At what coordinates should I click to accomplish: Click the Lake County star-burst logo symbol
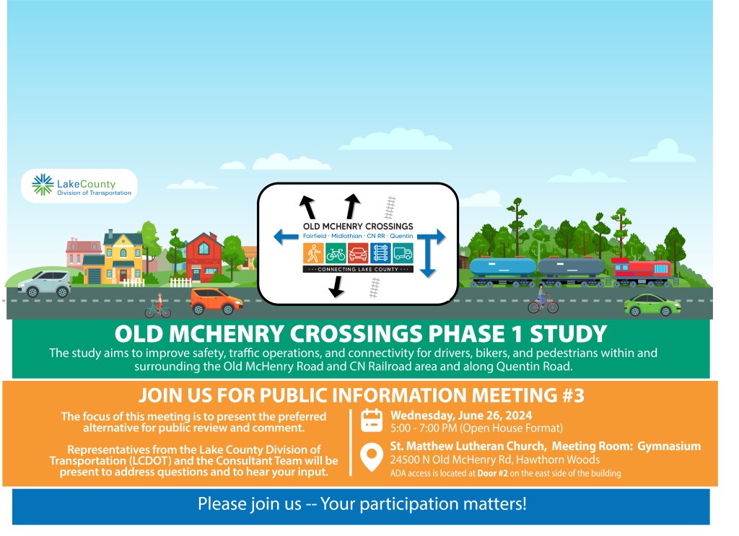tap(43, 185)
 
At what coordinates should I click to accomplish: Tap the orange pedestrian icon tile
tap(313, 253)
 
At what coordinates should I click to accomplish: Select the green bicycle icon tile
tap(336, 253)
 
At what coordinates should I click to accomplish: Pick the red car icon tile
tap(358, 253)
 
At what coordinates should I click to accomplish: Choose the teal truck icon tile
tap(403, 253)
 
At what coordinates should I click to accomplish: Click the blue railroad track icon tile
tap(380, 253)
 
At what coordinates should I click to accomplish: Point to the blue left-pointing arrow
tap(286, 237)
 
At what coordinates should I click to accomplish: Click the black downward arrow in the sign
tap(336, 286)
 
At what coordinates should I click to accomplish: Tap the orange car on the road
tap(217, 302)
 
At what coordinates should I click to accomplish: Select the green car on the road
tap(652, 304)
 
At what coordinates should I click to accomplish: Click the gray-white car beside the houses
tap(44, 284)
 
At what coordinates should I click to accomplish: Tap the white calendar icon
tap(372, 421)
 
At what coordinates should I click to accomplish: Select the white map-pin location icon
tap(372, 457)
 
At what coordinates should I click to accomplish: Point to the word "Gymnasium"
tap(669, 446)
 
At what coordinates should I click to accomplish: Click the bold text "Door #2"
tap(492, 473)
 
